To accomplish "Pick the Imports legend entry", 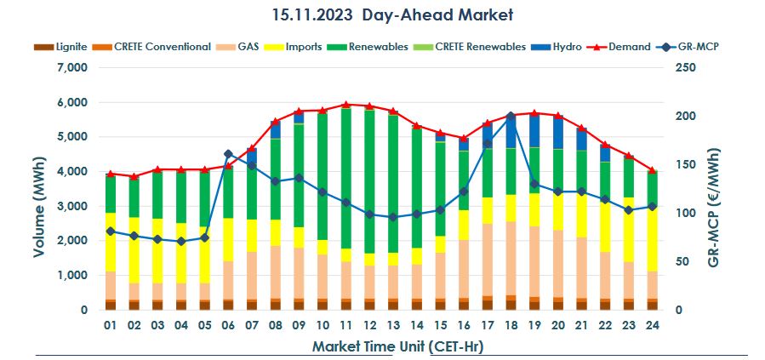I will pos(303,47).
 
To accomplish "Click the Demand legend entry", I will pos(629,47).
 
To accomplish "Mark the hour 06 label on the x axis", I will pos(227,325).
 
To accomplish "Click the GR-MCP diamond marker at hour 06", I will pos(227,154).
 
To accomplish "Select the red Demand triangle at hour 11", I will pos(345,105).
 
